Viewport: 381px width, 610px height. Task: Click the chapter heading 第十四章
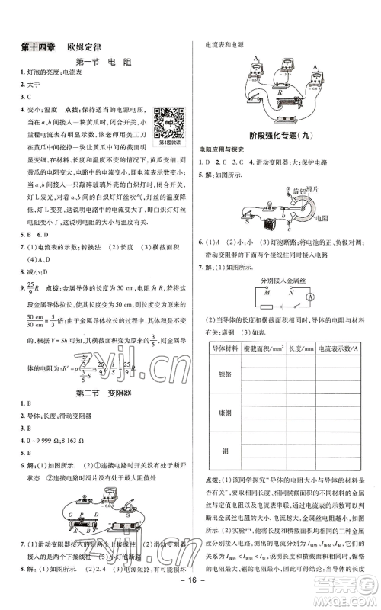tap(35, 45)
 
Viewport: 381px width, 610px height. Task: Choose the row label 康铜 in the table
tap(223, 419)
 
